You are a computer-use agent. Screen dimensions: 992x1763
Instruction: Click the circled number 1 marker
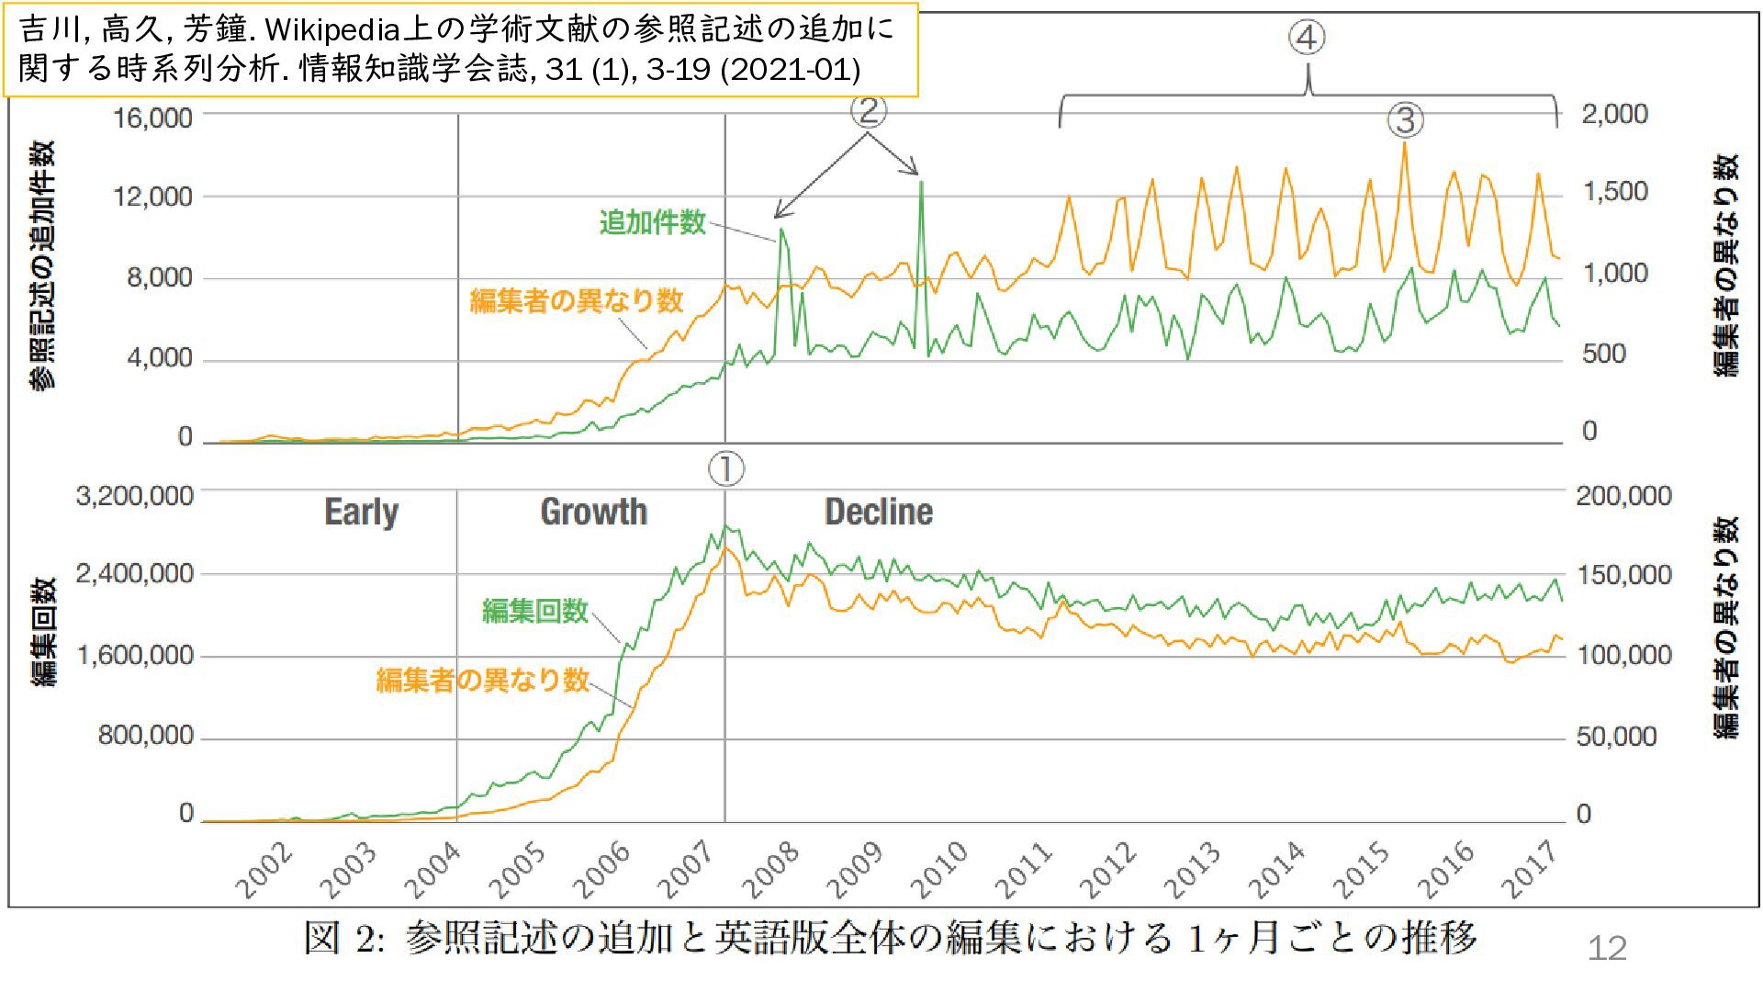[x=725, y=469]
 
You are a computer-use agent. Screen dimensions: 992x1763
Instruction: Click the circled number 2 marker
[x=868, y=111]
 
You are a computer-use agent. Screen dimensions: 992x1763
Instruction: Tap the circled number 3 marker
[x=1405, y=120]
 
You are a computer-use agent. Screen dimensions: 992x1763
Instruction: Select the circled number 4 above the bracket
[x=1307, y=39]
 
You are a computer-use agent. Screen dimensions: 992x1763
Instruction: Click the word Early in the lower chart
[x=362, y=512]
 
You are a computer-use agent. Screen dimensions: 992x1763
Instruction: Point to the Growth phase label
[x=593, y=512]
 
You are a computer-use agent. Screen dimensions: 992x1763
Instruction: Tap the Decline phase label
[x=879, y=512]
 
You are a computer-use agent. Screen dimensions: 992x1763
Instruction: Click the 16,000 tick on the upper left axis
[x=152, y=118]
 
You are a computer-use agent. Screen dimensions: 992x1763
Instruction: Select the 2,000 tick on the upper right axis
[x=1614, y=114]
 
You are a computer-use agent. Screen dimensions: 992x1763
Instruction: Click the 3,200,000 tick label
[x=135, y=496]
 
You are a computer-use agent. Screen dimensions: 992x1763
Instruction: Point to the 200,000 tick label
[x=1623, y=496]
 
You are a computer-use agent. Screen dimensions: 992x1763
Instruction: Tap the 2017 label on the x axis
[x=1531, y=870]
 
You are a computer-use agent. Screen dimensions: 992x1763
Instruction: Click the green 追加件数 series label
[x=652, y=222]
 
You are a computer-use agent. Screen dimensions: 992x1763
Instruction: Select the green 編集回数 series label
[x=534, y=611]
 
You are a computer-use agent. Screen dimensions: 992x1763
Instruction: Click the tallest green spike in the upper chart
[x=921, y=184]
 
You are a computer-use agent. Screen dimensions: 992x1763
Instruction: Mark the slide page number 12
[x=1607, y=948]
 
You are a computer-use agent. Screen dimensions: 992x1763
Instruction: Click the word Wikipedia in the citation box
[x=331, y=30]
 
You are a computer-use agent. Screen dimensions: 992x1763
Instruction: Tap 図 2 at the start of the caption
[x=343, y=939]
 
